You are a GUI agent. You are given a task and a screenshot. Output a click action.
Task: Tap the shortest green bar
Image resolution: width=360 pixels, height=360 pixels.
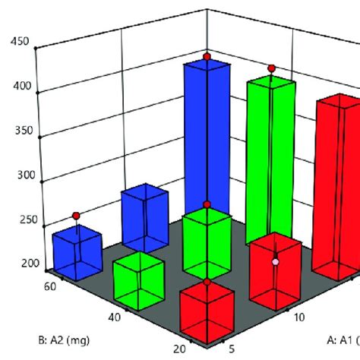[x=138, y=279]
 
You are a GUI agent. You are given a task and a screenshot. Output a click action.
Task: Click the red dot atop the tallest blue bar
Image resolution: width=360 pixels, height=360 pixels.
[x=207, y=57]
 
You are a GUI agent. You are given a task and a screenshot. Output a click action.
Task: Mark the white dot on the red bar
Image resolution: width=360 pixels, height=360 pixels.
[x=276, y=261]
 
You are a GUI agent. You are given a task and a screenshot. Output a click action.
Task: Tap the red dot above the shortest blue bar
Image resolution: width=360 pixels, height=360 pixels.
[x=75, y=216]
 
